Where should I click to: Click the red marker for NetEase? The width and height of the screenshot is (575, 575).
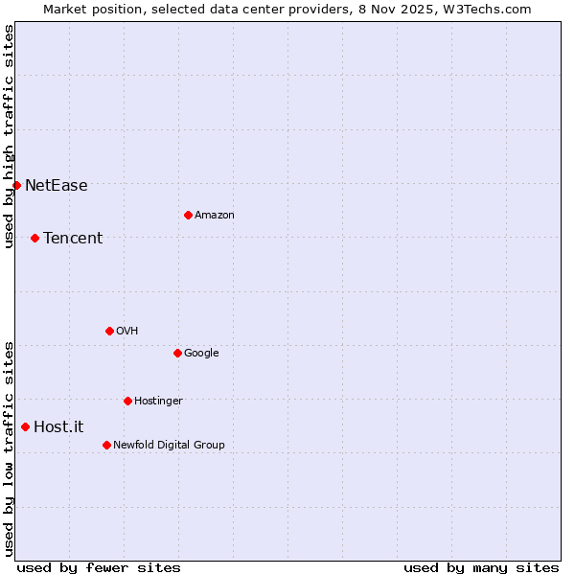pos(17,185)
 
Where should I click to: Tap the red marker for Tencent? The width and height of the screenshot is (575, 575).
pos(34,238)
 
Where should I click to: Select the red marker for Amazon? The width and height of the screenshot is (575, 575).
pos(188,215)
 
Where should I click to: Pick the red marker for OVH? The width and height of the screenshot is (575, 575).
pos(109,331)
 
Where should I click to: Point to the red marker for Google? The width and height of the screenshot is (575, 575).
pos(177,353)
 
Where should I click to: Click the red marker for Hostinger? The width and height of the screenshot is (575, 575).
pos(127,401)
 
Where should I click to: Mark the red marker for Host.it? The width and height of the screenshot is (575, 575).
pos(25,426)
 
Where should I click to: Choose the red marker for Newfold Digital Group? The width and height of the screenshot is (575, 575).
pos(106,445)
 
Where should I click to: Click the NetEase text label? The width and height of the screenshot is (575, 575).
pos(57,186)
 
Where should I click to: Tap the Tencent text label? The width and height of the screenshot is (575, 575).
pos(73,239)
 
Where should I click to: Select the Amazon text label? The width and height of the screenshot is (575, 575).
pos(215,216)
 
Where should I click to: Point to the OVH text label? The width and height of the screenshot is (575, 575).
pos(127,332)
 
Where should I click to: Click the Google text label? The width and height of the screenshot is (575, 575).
pos(201,354)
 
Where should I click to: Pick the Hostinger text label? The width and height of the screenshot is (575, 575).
pos(158,402)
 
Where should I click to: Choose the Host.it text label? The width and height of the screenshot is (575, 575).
pos(58,427)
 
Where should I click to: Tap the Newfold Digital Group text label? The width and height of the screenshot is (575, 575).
pos(169,446)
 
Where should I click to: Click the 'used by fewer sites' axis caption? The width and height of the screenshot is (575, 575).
pos(99,567)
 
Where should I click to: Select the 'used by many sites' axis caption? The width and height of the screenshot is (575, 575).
pos(481,567)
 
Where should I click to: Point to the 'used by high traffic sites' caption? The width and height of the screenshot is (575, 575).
pos(9,136)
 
